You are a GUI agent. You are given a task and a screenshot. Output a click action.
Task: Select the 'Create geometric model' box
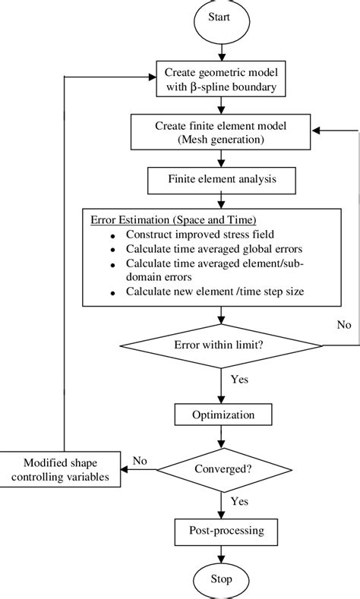(220, 79)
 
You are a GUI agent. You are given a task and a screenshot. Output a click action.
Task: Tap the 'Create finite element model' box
(220, 131)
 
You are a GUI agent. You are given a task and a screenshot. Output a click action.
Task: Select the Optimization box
(221, 415)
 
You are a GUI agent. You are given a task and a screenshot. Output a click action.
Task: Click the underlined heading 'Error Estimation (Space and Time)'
(163, 220)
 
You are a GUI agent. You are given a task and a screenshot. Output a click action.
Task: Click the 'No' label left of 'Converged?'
(140, 460)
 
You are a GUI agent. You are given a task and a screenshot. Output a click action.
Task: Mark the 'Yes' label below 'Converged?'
(238, 500)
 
